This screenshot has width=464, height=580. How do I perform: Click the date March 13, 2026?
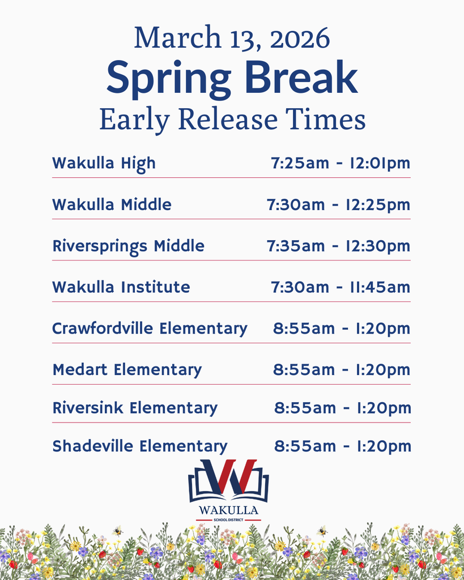click(x=232, y=38)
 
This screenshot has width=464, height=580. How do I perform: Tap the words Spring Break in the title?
click(x=232, y=79)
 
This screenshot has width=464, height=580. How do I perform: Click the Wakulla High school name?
click(x=104, y=164)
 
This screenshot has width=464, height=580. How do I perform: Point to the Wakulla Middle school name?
click(x=112, y=204)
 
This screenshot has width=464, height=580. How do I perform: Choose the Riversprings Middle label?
click(x=128, y=246)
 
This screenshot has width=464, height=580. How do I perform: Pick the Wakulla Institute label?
click(x=121, y=287)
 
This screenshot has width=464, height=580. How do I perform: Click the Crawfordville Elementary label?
click(x=150, y=329)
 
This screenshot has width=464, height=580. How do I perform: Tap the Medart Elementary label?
click(x=127, y=370)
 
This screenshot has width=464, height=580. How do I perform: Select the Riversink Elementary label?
click(x=135, y=408)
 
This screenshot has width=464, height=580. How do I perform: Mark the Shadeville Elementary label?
click(x=140, y=446)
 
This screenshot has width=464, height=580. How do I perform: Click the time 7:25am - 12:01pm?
click(x=340, y=164)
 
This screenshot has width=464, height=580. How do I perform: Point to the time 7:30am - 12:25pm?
click(x=338, y=204)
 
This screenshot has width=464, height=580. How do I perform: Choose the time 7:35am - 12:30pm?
click(x=338, y=246)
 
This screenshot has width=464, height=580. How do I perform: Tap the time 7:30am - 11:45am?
click(x=340, y=287)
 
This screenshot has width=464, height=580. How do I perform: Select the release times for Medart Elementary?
click(x=342, y=370)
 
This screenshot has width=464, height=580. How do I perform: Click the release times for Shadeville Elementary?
click(x=343, y=446)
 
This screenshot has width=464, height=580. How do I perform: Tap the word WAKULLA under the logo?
click(x=228, y=510)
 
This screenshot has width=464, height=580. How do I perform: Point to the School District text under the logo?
click(x=228, y=519)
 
